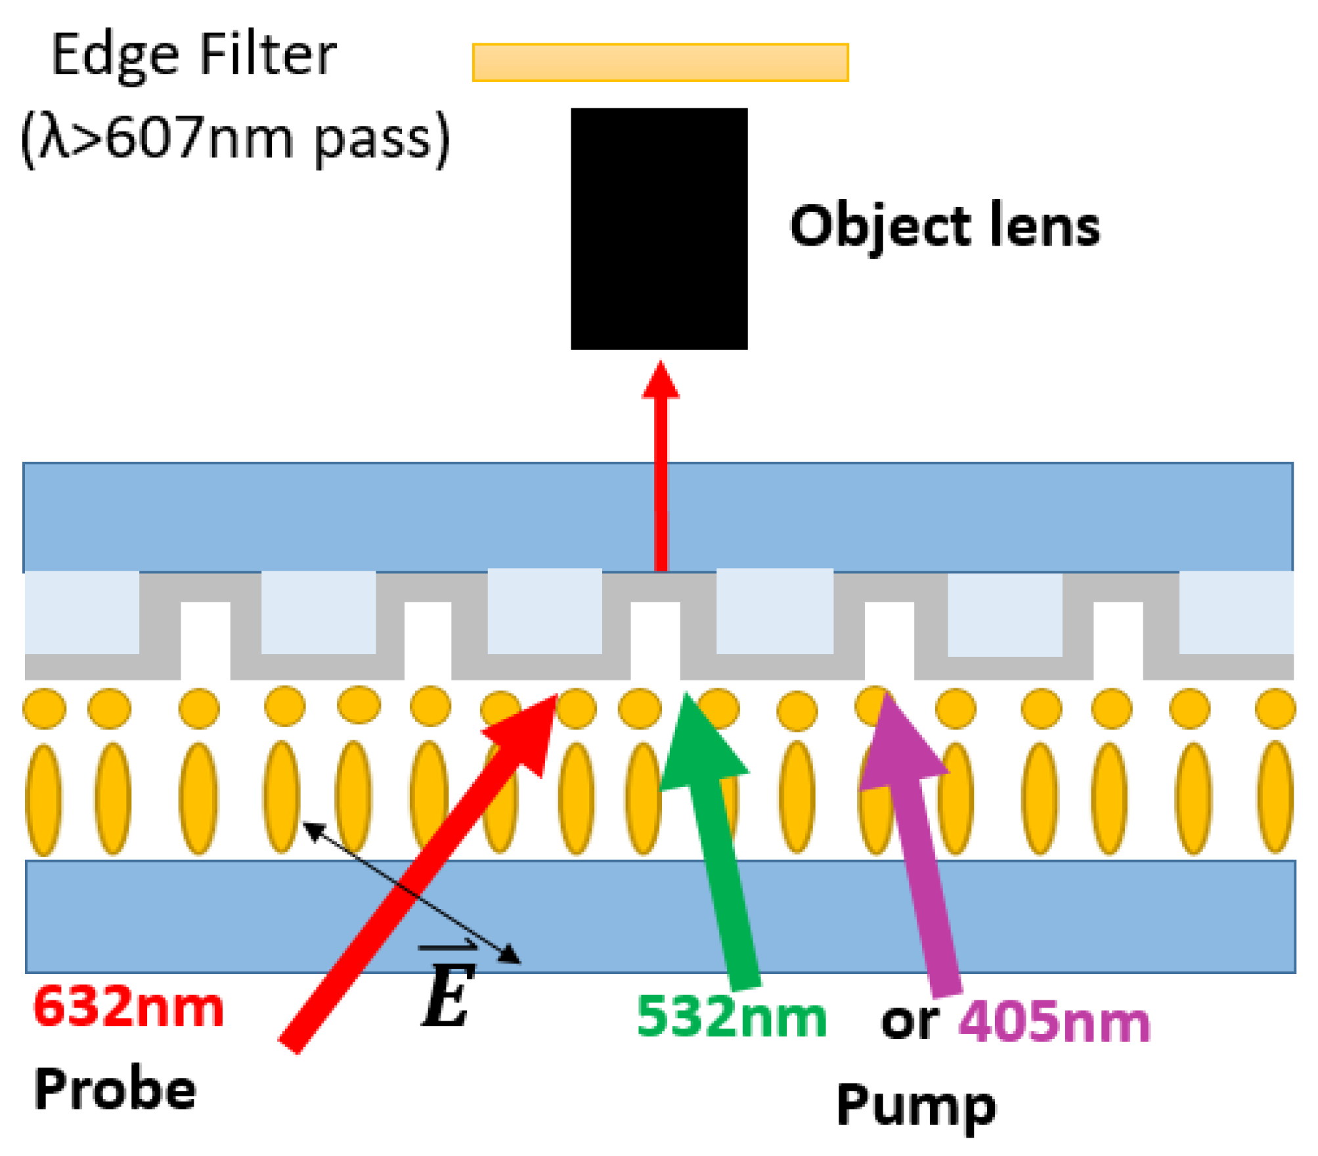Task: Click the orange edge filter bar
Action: (660, 62)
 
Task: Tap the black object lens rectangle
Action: (659, 229)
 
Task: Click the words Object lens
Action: (944, 227)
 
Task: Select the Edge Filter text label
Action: (194, 56)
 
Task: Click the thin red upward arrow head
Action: (661, 381)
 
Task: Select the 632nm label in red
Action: (129, 1007)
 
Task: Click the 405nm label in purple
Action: (1054, 1021)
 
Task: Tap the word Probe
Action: (116, 1090)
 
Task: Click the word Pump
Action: (916, 1107)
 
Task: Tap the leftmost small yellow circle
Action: (44, 708)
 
